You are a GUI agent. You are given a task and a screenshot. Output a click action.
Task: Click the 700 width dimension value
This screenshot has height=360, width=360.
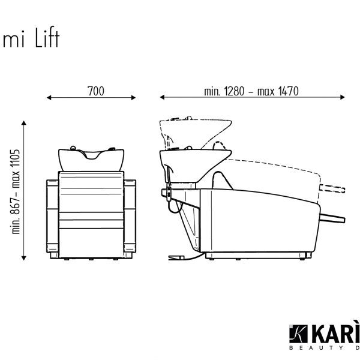96,91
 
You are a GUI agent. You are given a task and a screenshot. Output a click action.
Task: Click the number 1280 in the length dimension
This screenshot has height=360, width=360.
235,91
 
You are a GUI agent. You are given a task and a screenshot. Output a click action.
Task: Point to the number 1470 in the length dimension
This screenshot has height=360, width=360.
289,91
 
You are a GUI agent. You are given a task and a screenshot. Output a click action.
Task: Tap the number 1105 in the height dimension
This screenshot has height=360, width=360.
16,160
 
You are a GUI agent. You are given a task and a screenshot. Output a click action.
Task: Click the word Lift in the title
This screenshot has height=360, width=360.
47,37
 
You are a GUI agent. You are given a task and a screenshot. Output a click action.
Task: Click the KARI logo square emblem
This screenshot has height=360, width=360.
298,334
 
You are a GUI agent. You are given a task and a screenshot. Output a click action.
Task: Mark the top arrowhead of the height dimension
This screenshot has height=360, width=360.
23,122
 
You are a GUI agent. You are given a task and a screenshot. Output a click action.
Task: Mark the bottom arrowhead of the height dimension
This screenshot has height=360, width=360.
23,258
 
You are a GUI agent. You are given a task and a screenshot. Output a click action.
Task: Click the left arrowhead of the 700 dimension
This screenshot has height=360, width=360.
49,98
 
